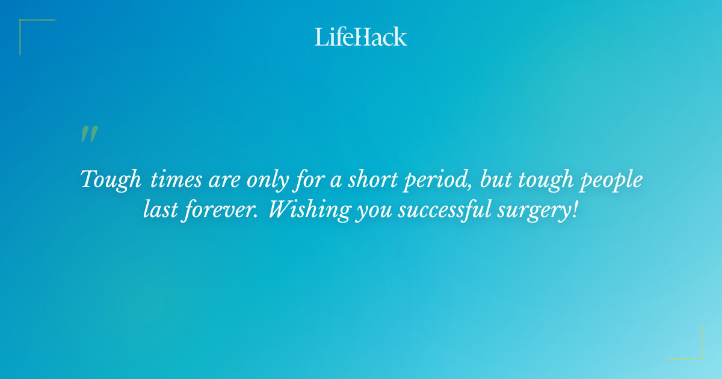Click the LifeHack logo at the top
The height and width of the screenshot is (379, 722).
[361, 37]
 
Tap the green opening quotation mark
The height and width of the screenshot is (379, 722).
[89, 134]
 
